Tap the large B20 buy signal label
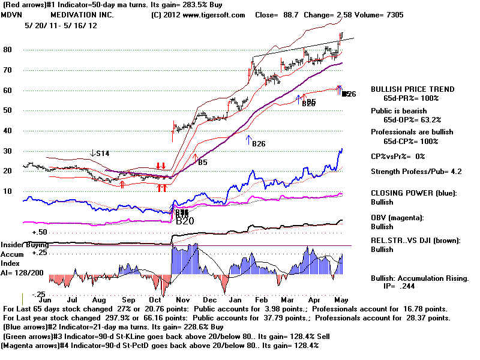(x=185, y=221)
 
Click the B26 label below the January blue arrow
(x=259, y=144)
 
